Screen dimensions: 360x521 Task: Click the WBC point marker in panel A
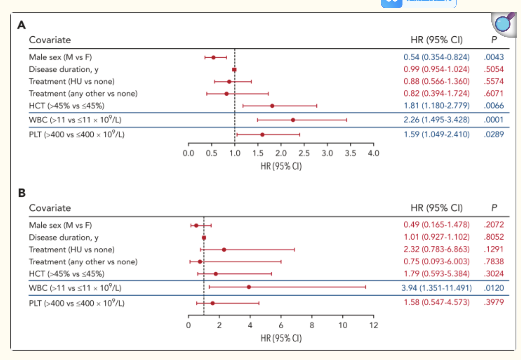(x=293, y=120)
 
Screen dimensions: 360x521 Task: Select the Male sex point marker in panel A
(x=214, y=57)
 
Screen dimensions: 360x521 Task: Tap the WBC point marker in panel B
(x=249, y=287)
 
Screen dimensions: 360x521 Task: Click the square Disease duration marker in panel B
(x=204, y=238)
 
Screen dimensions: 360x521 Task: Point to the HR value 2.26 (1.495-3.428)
(x=436, y=120)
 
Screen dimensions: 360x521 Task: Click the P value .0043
(x=494, y=57)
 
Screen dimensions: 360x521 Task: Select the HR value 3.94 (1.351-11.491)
(x=436, y=288)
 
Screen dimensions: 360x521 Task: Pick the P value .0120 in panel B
(x=494, y=288)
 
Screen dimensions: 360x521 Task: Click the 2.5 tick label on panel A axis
(x=304, y=153)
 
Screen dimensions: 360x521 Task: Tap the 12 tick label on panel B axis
(x=374, y=325)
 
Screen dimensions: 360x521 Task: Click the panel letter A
(x=22, y=25)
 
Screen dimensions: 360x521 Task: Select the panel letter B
(x=22, y=193)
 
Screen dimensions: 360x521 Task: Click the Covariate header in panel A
(x=50, y=40)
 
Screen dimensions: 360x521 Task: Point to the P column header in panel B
(x=494, y=208)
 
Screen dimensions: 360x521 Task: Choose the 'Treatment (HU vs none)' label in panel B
(x=72, y=249)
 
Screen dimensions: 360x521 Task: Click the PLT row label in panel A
(x=77, y=135)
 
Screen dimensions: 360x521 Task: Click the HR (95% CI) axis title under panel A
(x=281, y=167)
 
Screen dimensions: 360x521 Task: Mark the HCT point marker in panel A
(x=272, y=106)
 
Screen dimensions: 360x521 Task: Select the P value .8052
(x=494, y=237)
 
